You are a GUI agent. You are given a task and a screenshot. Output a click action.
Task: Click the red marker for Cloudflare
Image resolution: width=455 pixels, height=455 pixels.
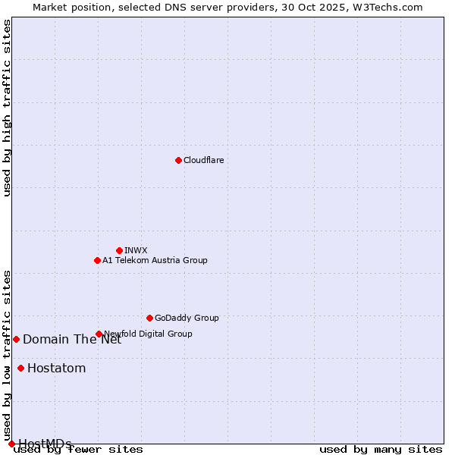[x=178, y=160]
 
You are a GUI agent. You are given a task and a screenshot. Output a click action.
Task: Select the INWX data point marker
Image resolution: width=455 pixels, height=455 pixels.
[x=119, y=250]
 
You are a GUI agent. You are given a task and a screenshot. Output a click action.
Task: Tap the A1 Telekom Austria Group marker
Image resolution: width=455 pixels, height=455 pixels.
[x=97, y=260]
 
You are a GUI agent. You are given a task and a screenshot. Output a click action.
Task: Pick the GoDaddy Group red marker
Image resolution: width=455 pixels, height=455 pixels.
[x=149, y=318]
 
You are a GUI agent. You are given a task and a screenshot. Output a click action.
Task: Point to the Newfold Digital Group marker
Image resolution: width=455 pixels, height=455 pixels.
[x=99, y=334]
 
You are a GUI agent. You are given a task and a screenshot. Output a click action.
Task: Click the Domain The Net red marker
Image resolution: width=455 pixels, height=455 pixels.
[x=16, y=339]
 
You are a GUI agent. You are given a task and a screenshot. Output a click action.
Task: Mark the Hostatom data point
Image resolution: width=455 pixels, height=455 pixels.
[x=20, y=369]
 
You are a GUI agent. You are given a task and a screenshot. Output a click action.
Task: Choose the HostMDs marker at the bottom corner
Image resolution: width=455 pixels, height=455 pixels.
[x=11, y=444]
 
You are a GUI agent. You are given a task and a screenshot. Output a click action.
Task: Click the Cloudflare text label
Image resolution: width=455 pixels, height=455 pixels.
[x=203, y=160]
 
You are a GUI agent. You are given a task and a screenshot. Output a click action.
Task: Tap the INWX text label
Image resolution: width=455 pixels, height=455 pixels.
[x=136, y=250]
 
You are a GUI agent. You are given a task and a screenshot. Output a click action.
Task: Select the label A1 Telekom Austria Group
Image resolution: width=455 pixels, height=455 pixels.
[x=155, y=260]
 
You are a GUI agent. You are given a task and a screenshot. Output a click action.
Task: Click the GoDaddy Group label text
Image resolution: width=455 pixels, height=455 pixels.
[x=187, y=318]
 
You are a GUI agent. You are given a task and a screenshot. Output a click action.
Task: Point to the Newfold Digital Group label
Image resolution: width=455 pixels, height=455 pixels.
[x=148, y=334]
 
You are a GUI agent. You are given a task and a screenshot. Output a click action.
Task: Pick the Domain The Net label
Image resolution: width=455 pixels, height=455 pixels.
[x=72, y=339]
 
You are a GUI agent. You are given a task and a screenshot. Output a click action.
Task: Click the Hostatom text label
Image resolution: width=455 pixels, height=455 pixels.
[x=56, y=369]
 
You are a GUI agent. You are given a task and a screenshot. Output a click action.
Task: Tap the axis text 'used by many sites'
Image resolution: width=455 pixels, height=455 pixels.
[x=381, y=450]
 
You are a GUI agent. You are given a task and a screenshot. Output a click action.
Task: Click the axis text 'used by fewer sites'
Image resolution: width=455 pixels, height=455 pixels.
[x=79, y=450]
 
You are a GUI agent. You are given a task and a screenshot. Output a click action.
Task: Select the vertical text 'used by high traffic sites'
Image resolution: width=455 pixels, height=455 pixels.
[x=7, y=108]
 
